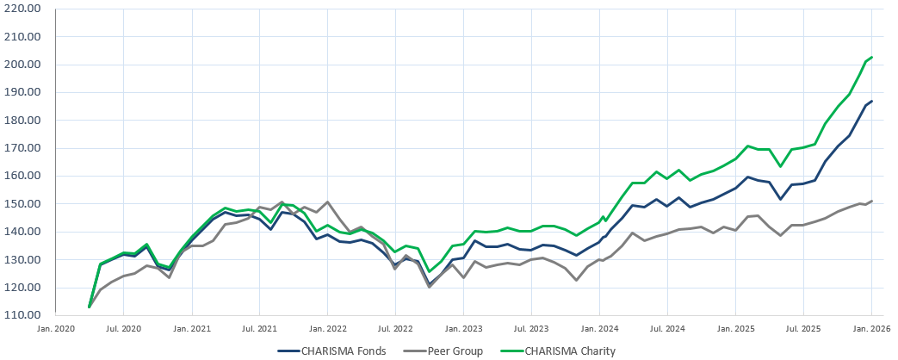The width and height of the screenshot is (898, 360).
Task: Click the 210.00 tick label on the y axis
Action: (24, 37)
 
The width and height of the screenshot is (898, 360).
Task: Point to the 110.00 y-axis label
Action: (24, 315)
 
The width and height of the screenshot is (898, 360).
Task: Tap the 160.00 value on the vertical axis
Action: (24, 176)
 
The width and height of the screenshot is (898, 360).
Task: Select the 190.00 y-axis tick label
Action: (24, 93)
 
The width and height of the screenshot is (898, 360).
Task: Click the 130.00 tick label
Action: (24, 259)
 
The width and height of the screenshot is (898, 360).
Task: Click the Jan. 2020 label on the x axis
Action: (56, 328)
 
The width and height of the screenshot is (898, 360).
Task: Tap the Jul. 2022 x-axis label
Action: (395, 328)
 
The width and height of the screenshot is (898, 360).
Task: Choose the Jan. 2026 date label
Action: (871, 328)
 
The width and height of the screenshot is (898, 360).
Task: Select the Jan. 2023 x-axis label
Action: (463, 328)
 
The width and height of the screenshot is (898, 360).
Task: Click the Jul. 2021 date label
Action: (259, 328)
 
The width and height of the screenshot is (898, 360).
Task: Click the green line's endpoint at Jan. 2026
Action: (872, 57)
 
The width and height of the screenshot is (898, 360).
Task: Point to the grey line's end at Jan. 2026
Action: (872, 201)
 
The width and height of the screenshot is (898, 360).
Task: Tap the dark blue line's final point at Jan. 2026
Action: (872, 101)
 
